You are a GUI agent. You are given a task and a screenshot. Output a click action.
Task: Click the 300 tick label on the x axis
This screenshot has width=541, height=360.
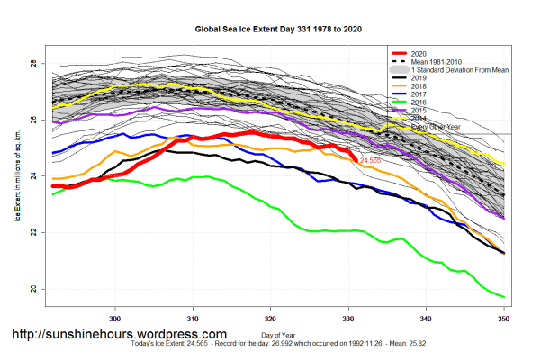[115, 318]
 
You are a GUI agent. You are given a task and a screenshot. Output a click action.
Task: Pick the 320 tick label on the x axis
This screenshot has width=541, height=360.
[270, 318]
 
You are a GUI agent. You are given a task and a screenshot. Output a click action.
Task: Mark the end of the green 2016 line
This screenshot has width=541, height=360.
[503, 297]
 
